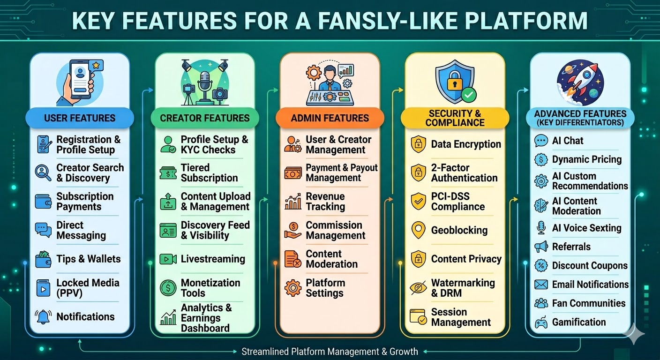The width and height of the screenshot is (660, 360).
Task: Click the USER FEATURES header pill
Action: (x=79, y=118)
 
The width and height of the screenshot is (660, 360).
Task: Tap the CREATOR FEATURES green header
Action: (x=205, y=118)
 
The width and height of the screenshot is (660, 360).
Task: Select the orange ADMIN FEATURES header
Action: (x=330, y=118)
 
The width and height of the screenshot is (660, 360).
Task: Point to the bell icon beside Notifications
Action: (x=43, y=317)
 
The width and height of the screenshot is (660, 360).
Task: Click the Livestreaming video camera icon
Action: (x=168, y=259)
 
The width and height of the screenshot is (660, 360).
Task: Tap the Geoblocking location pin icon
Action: (x=418, y=230)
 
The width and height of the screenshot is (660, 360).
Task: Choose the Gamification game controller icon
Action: (x=541, y=322)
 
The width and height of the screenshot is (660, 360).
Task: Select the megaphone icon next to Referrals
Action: (x=541, y=247)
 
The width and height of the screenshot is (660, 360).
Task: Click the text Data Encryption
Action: (x=466, y=144)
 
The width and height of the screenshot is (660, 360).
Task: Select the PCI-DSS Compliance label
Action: (x=457, y=202)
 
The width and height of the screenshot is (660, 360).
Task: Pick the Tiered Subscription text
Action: (x=209, y=173)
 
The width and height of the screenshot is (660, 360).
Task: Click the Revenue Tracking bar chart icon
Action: (x=293, y=202)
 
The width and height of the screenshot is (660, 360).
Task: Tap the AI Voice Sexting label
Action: (x=586, y=228)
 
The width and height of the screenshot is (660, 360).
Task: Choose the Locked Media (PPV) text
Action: (x=88, y=288)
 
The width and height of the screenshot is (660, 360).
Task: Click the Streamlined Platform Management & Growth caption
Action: (x=330, y=352)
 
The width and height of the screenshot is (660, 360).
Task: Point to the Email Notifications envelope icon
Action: (x=541, y=285)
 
